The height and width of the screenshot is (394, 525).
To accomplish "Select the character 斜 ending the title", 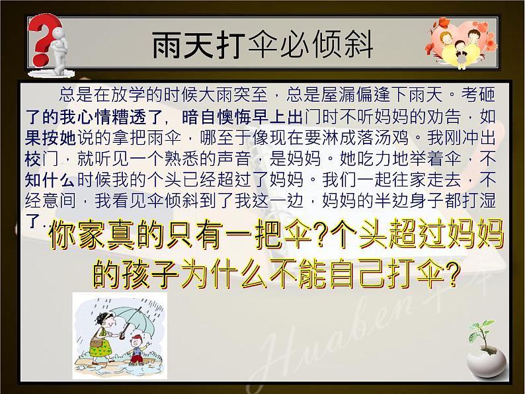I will [358, 46].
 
